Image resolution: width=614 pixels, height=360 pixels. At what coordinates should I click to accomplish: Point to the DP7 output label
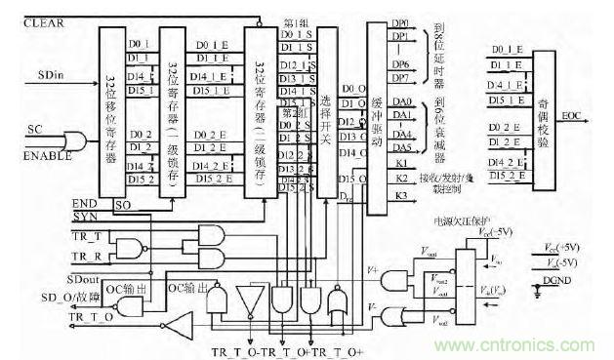tap(399, 76)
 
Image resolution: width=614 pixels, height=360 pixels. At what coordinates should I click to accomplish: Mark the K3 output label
tap(399, 197)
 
